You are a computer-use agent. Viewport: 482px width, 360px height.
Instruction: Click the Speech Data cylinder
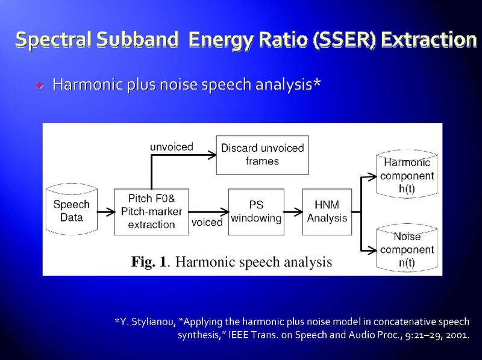(71, 211)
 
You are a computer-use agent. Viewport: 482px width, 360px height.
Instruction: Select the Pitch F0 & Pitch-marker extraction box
(152, 211)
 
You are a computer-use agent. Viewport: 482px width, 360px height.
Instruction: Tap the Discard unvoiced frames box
(262, 154)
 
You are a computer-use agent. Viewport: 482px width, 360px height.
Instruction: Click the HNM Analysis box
(327, 211)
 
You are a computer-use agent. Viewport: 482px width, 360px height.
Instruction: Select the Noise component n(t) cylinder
(407, 249)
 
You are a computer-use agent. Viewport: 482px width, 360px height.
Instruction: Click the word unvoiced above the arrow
(172, 146)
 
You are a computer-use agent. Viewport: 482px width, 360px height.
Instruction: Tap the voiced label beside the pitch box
(207, 222)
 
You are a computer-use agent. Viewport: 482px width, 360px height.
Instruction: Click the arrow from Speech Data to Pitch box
(105, 212)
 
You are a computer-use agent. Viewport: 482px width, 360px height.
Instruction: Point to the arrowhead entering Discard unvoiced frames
(211, 155)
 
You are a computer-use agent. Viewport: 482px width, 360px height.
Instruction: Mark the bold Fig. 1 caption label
(149, 262)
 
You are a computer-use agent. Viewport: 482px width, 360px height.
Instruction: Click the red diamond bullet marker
(40, 85)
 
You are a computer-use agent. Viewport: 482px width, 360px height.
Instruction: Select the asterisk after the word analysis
(317, 84)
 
